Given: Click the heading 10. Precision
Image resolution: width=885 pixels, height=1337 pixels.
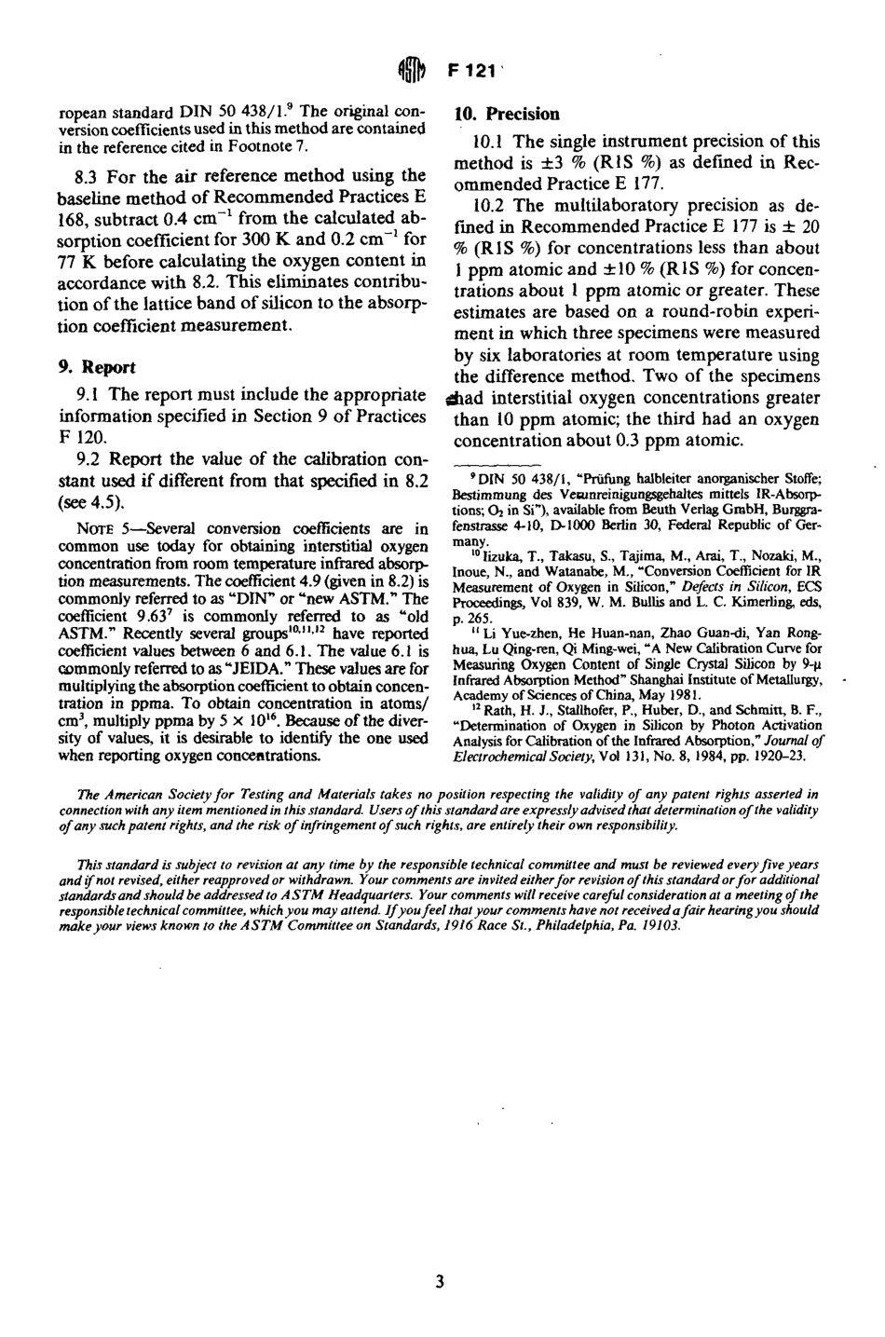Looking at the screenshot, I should tap(507, 115).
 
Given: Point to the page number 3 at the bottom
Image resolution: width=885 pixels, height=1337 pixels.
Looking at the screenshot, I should tap(440, 1282).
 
